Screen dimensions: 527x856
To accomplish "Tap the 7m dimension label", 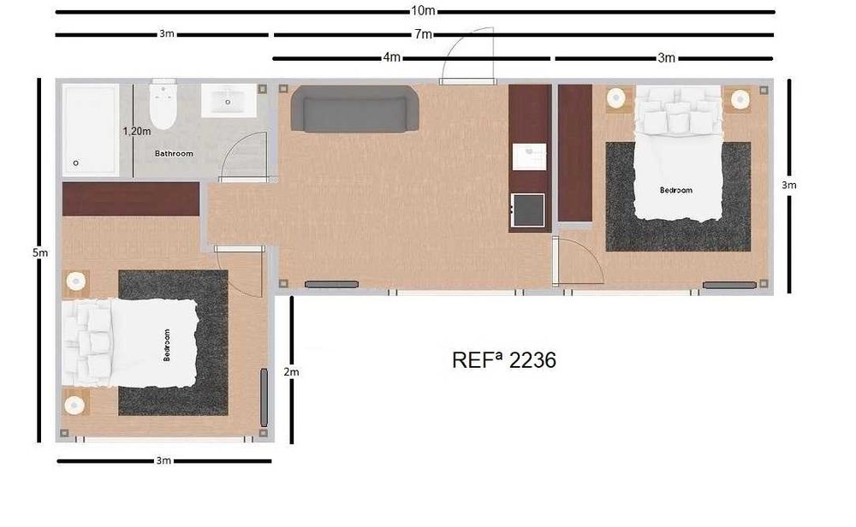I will click(x=423, y=34).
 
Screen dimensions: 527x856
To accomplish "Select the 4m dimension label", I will click(x=392, y=57).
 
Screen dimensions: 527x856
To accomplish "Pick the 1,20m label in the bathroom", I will click(x=137, y=131).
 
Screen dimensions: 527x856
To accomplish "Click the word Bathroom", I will click(x=174, y=154).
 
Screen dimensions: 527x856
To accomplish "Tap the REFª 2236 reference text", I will click(x=503, y=360).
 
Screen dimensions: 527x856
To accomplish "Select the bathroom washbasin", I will click(x=229, y=100).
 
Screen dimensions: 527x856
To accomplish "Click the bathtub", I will click(x=90, y=130).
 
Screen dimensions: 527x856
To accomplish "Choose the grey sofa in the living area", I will click(x=355, y=109).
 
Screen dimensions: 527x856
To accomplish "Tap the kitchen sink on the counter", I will click(x=529, y=157).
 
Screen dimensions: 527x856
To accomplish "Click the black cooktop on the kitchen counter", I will click(x=527, y=208).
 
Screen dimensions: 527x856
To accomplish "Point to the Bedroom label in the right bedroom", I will click(x=676, y=190).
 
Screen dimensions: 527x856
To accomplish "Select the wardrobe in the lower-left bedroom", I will click(x=131, y=199).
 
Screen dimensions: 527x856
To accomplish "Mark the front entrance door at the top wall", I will click(x=467, y=80).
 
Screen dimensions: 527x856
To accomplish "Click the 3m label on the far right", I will click(x=788, y=185).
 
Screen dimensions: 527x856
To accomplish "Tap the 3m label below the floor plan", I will click(x=163, y=460).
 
